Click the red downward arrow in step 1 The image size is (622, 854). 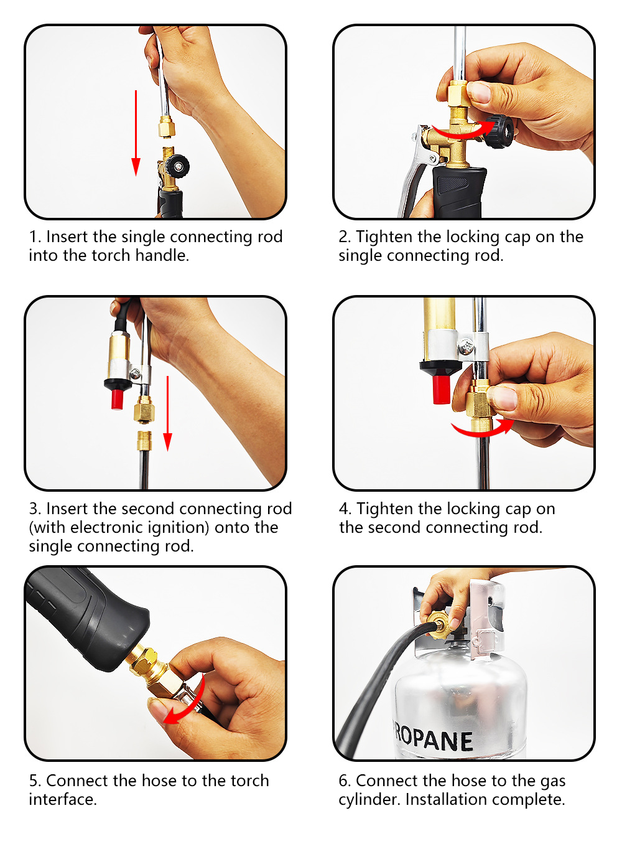(136, 133)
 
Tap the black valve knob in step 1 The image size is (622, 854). (177, 166)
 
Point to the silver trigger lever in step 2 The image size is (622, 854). (415, 172)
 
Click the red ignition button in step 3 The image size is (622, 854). (117, 399)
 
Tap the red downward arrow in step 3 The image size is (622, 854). (167, 414)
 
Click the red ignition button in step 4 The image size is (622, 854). (442, 389)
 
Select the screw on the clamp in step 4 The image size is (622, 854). (466, 347)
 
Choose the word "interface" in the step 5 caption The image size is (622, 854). (61, 799)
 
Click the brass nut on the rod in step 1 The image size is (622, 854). (166, 128)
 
